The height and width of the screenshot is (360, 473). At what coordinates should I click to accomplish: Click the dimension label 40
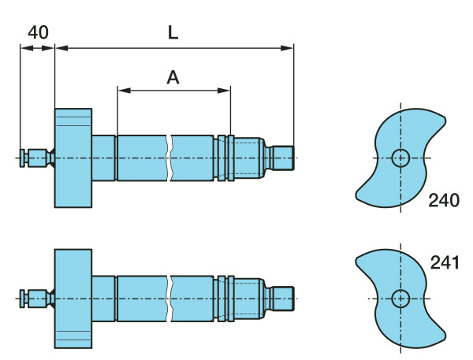point(38,32)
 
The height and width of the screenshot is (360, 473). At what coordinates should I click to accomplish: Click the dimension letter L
point(173,32)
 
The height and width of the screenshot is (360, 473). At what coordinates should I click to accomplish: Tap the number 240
point(444,200)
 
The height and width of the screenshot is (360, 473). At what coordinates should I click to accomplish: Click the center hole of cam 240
point(400,158)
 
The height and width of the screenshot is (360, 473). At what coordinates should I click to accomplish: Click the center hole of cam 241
point(400,299)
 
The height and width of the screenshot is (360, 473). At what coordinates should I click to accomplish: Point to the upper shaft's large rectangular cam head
point(73,158)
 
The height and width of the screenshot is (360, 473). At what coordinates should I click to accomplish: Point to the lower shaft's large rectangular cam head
point(73,298)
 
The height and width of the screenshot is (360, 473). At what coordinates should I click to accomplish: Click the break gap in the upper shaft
point(170,158)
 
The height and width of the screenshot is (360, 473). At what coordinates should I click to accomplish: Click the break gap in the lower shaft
point(170,298)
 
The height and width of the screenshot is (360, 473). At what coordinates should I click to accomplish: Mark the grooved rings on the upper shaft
point(225,158)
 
